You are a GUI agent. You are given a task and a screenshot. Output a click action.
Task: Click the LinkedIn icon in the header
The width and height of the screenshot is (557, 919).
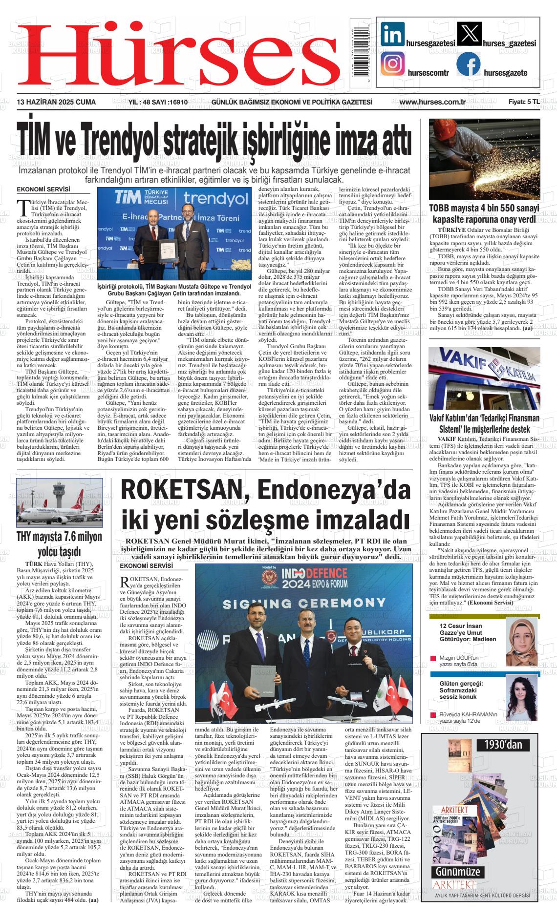click(392, 35)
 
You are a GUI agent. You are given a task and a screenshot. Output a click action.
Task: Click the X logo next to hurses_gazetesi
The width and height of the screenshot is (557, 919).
click(468, 35)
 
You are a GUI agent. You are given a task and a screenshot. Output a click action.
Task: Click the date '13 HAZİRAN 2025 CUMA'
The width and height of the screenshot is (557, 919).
click(56, 102)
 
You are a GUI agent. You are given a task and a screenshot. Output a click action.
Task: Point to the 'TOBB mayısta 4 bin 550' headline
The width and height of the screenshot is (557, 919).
click(484, 208)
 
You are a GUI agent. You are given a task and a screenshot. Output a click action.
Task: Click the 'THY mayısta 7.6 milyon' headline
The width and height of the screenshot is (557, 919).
click(60, 537)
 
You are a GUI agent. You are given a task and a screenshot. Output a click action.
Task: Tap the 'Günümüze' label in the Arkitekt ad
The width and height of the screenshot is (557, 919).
click(458, 872)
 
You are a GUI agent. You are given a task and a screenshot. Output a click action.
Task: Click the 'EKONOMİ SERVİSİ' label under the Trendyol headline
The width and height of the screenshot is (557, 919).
click(43, 189)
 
